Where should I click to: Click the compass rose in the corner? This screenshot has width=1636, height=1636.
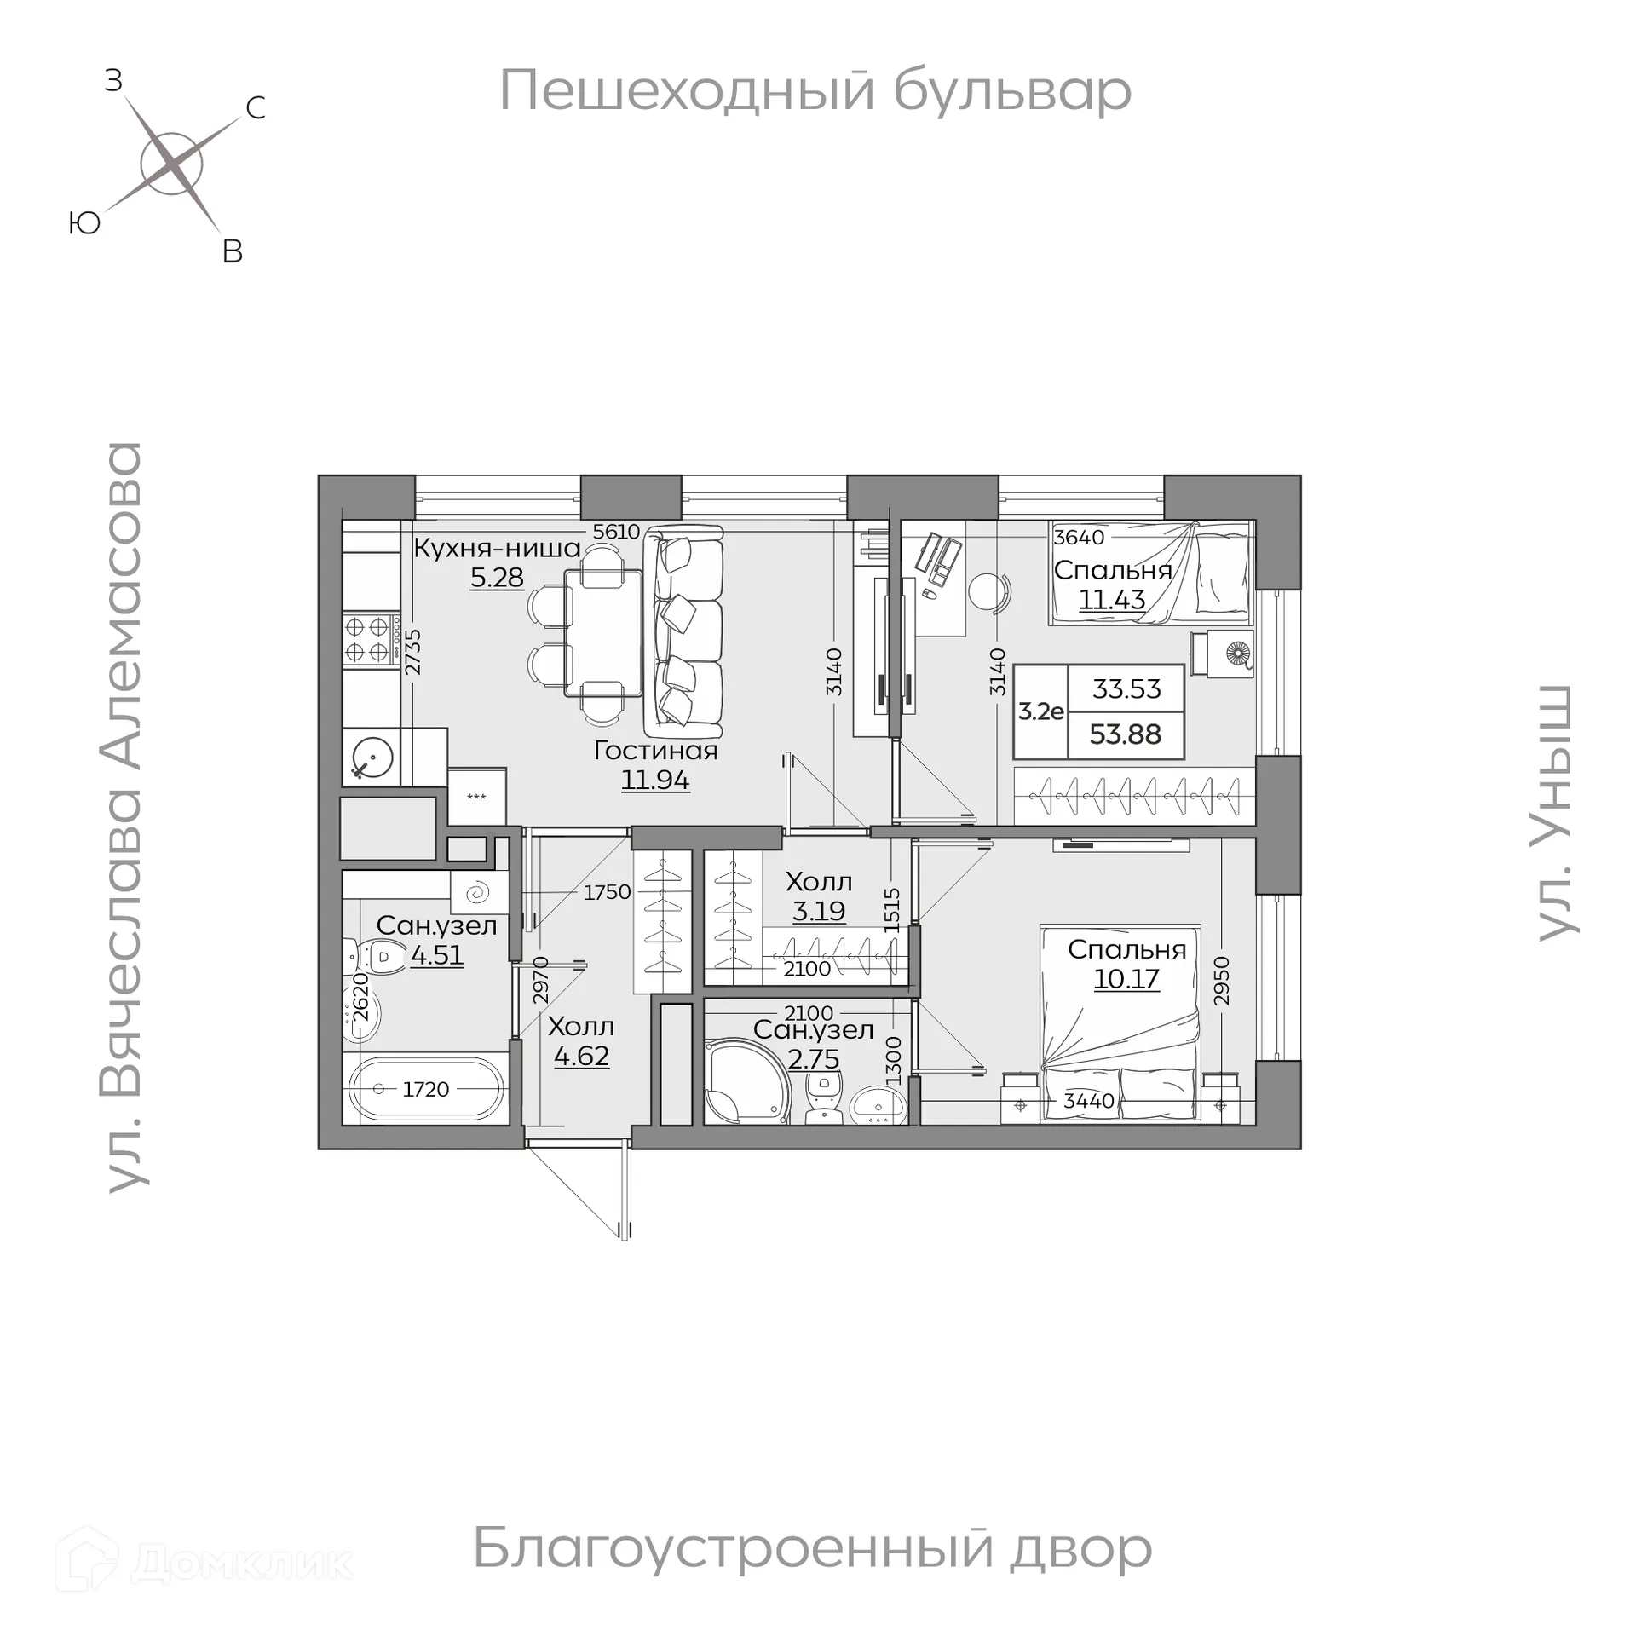[171, 164]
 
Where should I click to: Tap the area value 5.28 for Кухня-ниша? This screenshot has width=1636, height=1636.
[497, 578]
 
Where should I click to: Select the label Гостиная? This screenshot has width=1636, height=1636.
[655, 751]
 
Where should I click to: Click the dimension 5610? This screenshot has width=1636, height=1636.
[616, 532]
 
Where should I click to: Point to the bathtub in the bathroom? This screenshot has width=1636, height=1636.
[426, 1088]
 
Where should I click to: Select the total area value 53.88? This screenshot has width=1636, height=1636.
[1126, 734]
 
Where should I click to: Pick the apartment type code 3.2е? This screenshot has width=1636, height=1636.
[1041, 711]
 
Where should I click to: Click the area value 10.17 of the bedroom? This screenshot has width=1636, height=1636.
[1126, 979]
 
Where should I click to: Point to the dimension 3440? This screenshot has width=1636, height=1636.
[1089, 1101]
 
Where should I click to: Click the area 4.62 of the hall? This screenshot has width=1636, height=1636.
[581, 1057]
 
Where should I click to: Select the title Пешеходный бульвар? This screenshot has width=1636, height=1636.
[815, 90]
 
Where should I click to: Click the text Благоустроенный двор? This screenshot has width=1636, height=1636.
[812, 1547]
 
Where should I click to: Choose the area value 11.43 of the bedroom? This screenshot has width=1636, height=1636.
[1112, 600]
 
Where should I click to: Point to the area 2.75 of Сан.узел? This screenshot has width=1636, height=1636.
[814, 1059]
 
